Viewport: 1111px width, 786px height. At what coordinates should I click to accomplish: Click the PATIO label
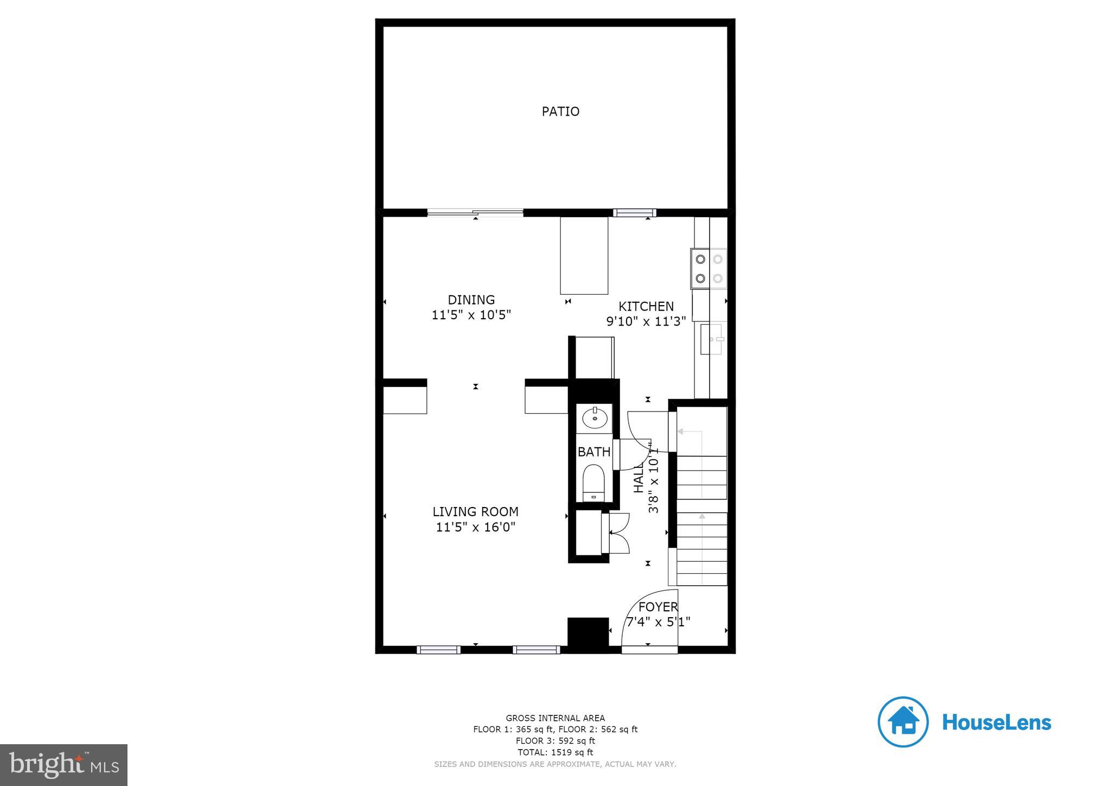pyautogui.click(x=560, y=111)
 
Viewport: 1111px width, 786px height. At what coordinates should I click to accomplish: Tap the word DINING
pyautogui.click(x=471, y=300)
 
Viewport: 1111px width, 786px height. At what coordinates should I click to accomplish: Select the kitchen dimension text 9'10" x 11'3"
pyautogui.click(x=646, y=321)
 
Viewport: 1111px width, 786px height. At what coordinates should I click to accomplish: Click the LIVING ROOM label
pyautogui.click(x=475, y=511)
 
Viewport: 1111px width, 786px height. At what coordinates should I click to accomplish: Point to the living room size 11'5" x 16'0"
pyautogui.click(x=475, y=527)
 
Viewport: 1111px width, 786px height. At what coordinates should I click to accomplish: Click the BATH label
pyautogui.click(x=593, y=452)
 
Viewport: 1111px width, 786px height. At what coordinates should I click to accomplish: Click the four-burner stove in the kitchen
pyautogui.click(x=708, y=269)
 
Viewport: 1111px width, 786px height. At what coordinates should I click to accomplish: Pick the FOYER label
pyautogui.click(x=658, y=607)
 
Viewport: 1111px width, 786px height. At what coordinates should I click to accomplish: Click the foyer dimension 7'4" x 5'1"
pyautogui.click(x=658, y=622)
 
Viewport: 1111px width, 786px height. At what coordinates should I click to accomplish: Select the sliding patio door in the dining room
pyautogui.click(x=475, y=213)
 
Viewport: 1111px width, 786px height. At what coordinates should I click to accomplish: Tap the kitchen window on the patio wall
pyautogui.click(x=634, y=213)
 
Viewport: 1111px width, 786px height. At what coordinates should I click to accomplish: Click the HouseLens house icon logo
pyautogui.click(x=903, y=722)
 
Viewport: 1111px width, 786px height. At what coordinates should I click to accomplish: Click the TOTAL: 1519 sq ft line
pyautogui.click(x=555, y=752)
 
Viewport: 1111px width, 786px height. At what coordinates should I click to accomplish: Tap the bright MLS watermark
pyautogui.click(x=64, y=765)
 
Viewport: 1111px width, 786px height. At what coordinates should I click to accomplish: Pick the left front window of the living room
pyautogui.click(x=438, y=650)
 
